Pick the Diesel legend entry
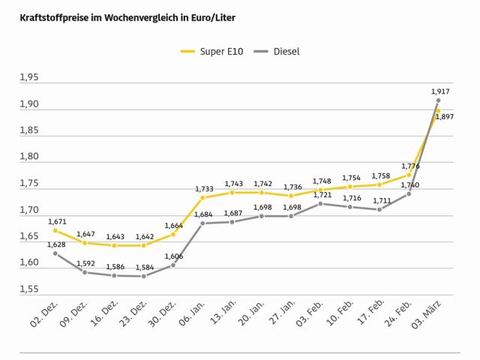coord(278,51)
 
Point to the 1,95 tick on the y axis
coord(31,77)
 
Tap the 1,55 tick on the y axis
coord(31,289)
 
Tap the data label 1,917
coord(441,91)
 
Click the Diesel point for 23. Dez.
coord(143,276)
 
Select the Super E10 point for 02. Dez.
coord(55,230)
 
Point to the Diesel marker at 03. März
coord(439,100)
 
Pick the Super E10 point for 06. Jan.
coord(202,197)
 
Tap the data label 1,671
coord(57,221)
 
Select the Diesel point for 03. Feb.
coord(320,203)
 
